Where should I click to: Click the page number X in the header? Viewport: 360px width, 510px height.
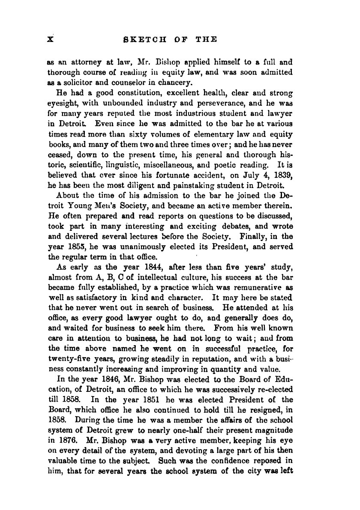[x=50, y=39]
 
